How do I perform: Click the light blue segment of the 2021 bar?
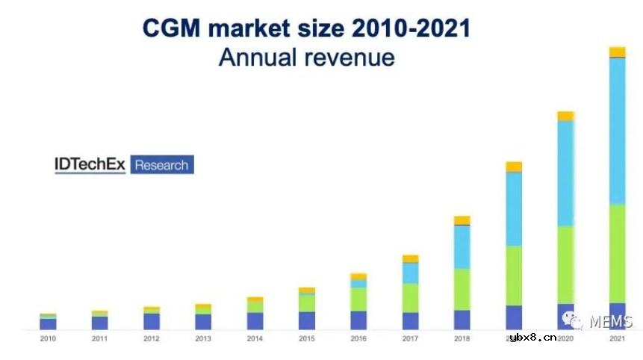click(617, 131)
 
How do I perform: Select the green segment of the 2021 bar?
click(617, 254)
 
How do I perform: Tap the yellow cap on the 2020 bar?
click(565, 116)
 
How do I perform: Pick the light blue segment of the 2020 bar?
click(565, 173)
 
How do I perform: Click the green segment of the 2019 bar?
click(514, 276)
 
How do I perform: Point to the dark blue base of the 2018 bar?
click(462, 320)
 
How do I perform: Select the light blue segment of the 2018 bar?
click(462, 247)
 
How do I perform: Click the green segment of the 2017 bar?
click(410, 298)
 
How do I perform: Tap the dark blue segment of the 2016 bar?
click(358, 320)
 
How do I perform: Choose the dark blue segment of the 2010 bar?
click(48, 324)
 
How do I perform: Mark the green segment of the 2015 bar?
click(307, 302)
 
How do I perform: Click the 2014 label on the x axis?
click(255, 339)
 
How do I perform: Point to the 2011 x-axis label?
click(99, 339)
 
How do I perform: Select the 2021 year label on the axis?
click(617, 339)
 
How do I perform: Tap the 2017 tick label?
click(410, 339)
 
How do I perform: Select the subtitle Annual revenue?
click(306, 57)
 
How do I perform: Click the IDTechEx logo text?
click(90, 164)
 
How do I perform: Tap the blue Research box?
click(161, 164)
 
